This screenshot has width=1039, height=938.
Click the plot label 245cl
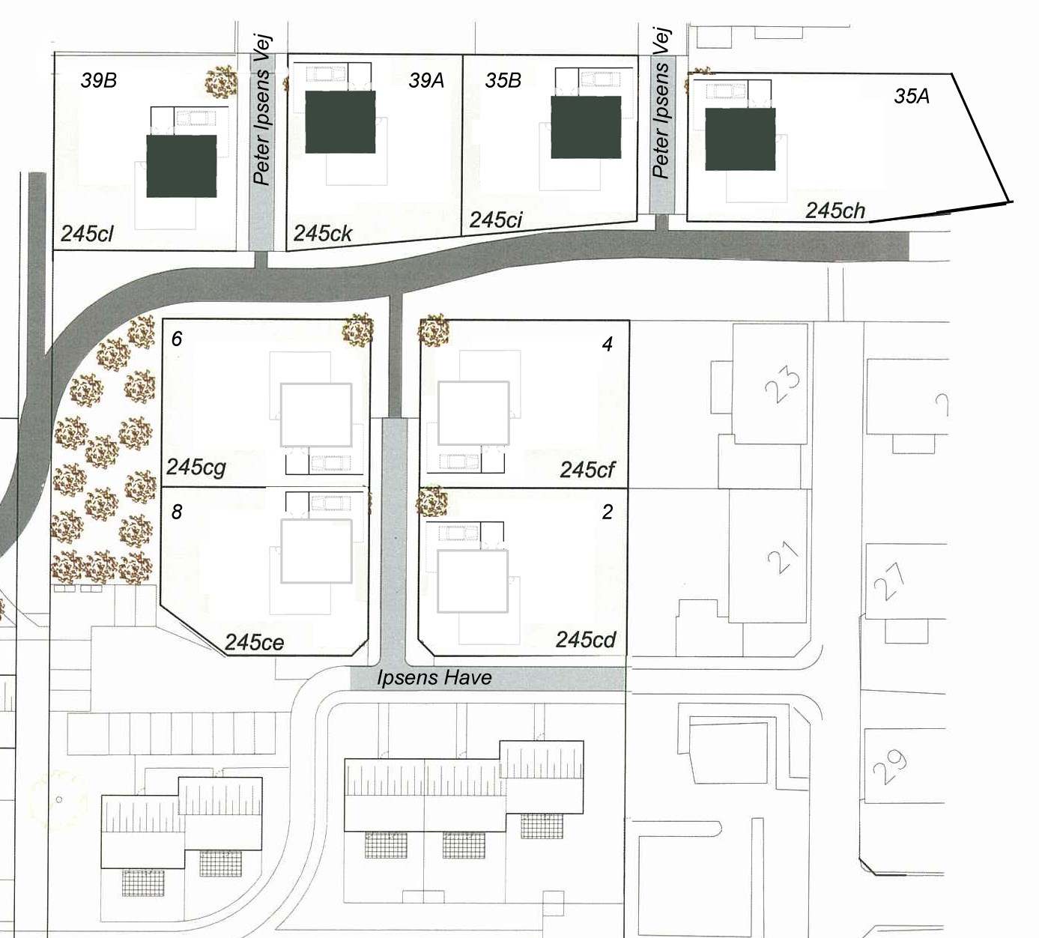pyautogui.click(x=87, y=234)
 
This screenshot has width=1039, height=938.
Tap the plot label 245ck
pyautogui.click(x=323, y=233)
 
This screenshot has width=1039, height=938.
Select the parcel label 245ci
pyautogui.click(x=496, y=220)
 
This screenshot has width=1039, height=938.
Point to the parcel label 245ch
pyautogui.click(x=835, y=211)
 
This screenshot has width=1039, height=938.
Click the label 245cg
pyautogui.click(x=196, y=468)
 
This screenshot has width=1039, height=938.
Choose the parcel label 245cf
pyautogui.click(x=587, y=470)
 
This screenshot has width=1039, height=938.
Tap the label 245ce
pyautogui.click(x=254, y=643)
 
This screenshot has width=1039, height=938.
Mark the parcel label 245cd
pyautogui.click(x=586, y=640)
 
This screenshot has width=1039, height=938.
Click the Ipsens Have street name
pyautogui.click(x=434, y=677)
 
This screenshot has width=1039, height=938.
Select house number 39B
pyautogui.click(x=98, y=80)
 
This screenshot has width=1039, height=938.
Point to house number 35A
pyautogui.click(x=912, y=96)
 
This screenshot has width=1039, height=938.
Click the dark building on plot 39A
pyautogui.click(x=340, y=122)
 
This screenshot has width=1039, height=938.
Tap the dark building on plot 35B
pyautogui.click(x=586, y=127)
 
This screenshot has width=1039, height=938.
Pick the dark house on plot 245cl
pyautogui.click(x=181, y=166)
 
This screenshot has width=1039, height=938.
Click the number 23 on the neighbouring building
pyautogui.click(x=782, y=384)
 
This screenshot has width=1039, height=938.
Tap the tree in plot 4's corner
pyautogui.click(x=434, y=330)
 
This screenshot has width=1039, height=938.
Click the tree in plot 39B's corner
pyautogui.click(x=221, y=82)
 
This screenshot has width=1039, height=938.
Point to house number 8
pyautogui.click(x=177, y=512)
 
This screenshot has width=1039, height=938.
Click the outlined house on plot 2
pyautogui.click(x=473, y=581)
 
